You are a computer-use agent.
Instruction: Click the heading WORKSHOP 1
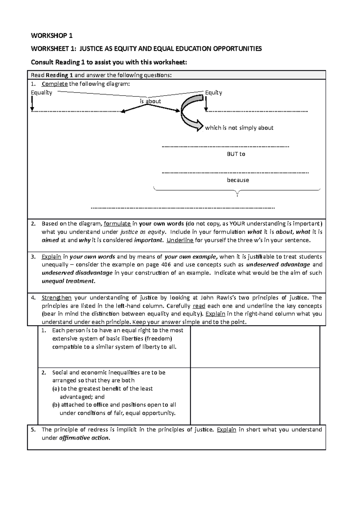[x=52, y=36]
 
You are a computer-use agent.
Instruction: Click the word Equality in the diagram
[x=41, y=93]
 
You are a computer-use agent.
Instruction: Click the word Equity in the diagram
[x=213, y=93]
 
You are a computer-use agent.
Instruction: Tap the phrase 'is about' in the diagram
[x=150, y=101]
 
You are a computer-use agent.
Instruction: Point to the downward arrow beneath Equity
[x=206, y=104]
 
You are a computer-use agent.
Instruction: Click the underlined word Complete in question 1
[x=55, y=84]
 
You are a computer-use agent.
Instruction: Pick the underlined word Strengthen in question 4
[x=56, y=298]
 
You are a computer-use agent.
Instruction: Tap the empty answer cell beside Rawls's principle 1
[x=255, y=347]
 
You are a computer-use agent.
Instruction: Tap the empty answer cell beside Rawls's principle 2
[x=255, y=396]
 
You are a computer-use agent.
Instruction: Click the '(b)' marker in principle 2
[x=56, y=405]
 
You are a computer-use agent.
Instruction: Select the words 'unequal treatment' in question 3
[x=68, y=281]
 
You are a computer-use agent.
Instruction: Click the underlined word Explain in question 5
[x=226, y=430]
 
